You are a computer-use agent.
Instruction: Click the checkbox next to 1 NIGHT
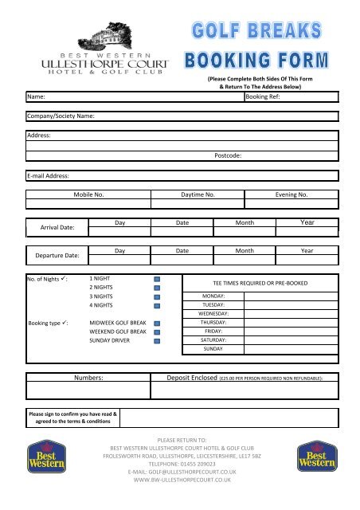[x=157, y=279]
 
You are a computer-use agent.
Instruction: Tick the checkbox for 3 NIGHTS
[x=157, y=296]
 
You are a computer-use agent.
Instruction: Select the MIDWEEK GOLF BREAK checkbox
[x=157, y=324]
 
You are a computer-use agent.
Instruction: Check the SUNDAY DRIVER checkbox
[x=157, y=342]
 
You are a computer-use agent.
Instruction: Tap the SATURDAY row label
[x=213, y=339]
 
